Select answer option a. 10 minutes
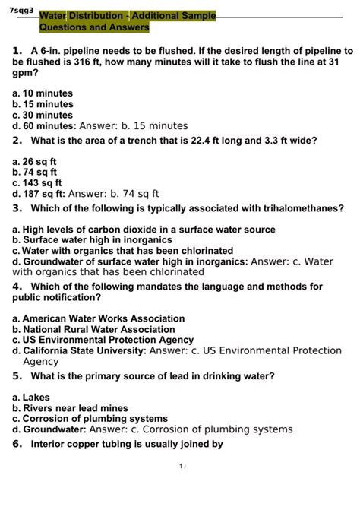click(x=43, y=93)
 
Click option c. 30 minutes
click(x=43, y=116)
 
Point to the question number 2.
click(x=17, y=141)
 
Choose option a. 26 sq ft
click(x=35, y=161)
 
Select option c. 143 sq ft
click(x=37, y=182)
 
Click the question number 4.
click(x=17, y=287)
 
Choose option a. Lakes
click(x=31, y=397)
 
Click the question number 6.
click(x=17, y=445)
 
